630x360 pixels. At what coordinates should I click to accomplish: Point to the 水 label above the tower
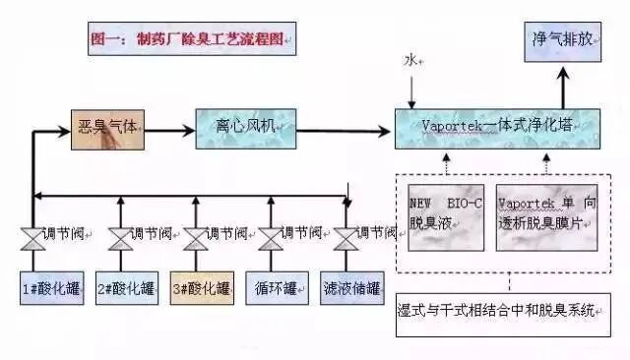[410, 61]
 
